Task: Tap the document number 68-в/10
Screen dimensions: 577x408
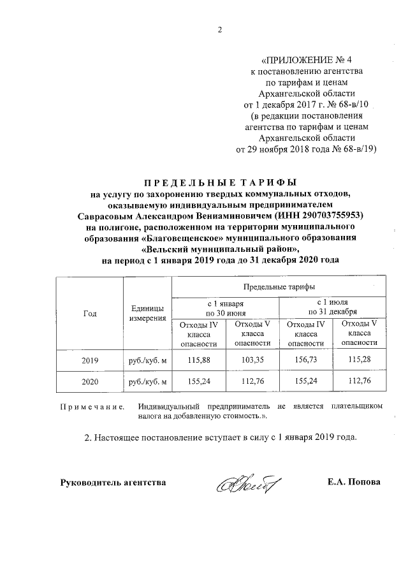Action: tap(352, 103)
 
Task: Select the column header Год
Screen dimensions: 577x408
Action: tap(90, 313)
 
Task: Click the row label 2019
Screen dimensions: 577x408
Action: tap(90, 361)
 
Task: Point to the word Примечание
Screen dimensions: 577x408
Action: tap(92, 406)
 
